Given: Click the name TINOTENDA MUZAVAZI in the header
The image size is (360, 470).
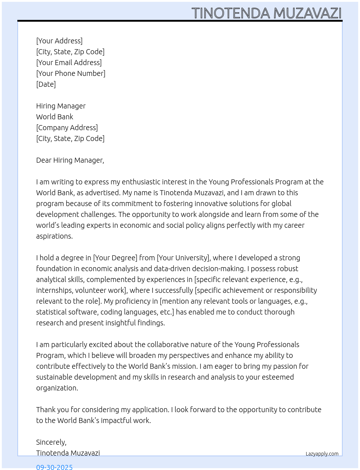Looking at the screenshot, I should [x=266, y=13].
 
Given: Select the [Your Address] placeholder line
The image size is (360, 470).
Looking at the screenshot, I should [x=59, y=41].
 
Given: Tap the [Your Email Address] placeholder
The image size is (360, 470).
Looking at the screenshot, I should [x=69, y=63].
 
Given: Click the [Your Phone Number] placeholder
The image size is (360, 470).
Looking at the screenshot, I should [x=70, y=73].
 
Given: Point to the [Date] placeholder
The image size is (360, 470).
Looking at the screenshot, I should [x=46, y=84].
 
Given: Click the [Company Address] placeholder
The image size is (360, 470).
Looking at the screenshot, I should [x=67, y=128].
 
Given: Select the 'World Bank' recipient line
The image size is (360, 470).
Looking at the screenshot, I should [x=55, y=117].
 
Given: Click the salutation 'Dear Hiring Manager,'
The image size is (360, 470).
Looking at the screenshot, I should [x=70, y=160].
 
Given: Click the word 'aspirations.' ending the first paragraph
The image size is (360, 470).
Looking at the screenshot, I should [x=54, y=236].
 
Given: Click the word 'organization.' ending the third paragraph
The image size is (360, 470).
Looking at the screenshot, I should [x=57, y=388].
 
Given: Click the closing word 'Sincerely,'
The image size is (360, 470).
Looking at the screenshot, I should [x=51, y=442].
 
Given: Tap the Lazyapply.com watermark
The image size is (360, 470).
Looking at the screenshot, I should [x=322, y=454].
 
